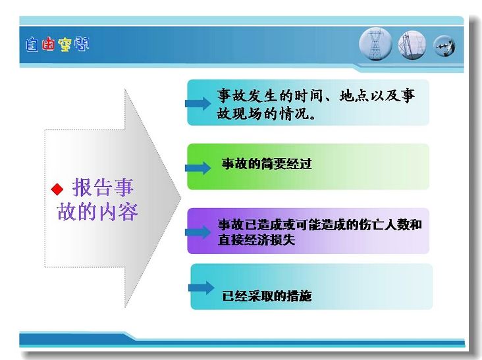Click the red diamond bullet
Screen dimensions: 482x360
click(57, 190)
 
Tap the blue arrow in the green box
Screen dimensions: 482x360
click(198, 168)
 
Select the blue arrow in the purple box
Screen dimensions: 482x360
click(198, 232)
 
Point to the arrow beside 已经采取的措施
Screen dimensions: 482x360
click(201, 288)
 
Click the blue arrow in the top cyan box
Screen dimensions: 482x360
click(198, 103)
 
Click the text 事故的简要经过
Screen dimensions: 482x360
click(267, 164)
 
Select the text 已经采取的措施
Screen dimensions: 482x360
click(267, 296)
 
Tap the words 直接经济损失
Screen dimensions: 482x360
click(256, 240)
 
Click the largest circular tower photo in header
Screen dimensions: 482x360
click(375, 44)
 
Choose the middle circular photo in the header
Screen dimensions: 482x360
click(412, 45)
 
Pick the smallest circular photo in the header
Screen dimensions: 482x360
click(444, 46)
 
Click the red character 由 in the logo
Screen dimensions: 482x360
click(48, 44)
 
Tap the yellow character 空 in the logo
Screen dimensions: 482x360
click(65, 45)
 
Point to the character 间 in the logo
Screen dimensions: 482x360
click(82, 44)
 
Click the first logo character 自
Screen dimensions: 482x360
click(32, 45)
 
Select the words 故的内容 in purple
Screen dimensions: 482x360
click(97, 212)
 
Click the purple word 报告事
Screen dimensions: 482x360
click(103, 187)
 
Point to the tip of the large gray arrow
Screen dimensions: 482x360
click(180, 198)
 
